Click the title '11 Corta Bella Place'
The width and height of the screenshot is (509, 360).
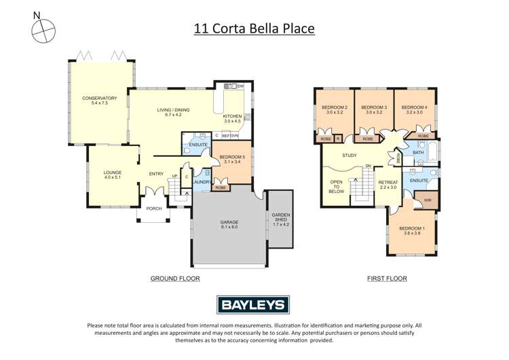tap(254, 29)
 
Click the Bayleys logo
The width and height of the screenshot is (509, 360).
tap(254, 305)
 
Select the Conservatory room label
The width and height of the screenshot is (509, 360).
tap(100, 101)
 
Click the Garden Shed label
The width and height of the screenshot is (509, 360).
tap(280, 219)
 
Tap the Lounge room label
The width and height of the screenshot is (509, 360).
tap(113, 175)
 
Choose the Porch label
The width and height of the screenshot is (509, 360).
tap(154, 209)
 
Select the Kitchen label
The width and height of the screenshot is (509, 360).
tap(233, 119)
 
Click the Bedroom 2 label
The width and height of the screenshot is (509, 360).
tap(335, 110)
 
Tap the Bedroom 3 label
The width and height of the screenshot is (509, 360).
tap(374, 110)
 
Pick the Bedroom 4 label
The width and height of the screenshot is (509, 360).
tap(414, 110)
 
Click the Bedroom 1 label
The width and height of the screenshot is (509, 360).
tap(412, 230)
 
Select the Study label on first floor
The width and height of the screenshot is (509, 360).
tap(350, 156)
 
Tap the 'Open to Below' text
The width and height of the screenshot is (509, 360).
tap(337, 187)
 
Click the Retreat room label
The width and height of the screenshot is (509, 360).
tap(388, 185)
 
